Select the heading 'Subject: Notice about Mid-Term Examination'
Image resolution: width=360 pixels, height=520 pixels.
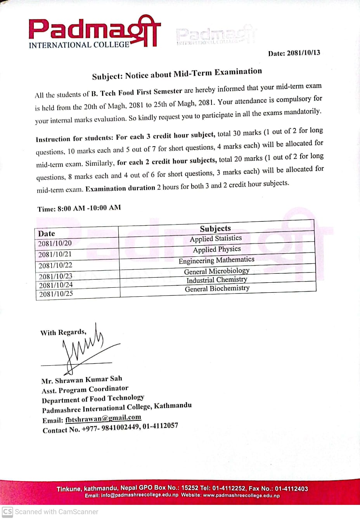tap(177, 74)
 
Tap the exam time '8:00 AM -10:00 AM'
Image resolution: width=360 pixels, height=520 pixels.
tap(89, 208)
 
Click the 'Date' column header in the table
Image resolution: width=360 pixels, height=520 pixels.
tap(47, 233)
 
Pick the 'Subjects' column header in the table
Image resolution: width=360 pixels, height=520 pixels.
tap(215, 228)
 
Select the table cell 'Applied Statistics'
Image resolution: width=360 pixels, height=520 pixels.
tap(216, 238)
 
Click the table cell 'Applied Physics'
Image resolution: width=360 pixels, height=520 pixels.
tap(217, 249)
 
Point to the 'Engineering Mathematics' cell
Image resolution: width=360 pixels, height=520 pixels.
tap(216, 260)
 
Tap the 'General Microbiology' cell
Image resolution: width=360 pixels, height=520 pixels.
tap(217, 271)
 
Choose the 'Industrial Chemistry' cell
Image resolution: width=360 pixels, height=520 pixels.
tap(217, 280)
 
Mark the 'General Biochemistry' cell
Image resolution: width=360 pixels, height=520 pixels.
tap(217, 289)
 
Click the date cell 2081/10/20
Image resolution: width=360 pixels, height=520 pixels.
tap(55, 244)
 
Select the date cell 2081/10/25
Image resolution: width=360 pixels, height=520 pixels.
tap(56, 294)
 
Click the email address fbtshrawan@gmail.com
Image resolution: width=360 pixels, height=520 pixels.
tap(103, 418)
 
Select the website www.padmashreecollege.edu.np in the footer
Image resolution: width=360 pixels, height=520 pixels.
tap(241, 496)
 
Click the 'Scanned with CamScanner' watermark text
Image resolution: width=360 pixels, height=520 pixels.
tap(56, 511)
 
